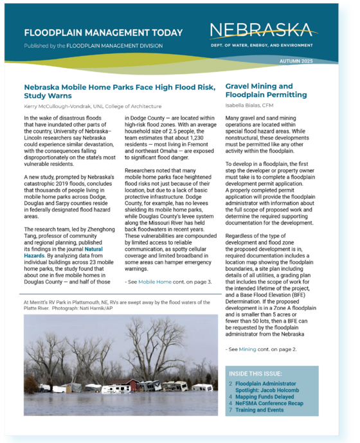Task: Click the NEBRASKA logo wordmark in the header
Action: [x=261, y=30]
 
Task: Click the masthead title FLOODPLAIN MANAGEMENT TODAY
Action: [x=103, y=33]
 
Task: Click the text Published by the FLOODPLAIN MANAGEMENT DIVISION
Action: [x=93, y=46]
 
